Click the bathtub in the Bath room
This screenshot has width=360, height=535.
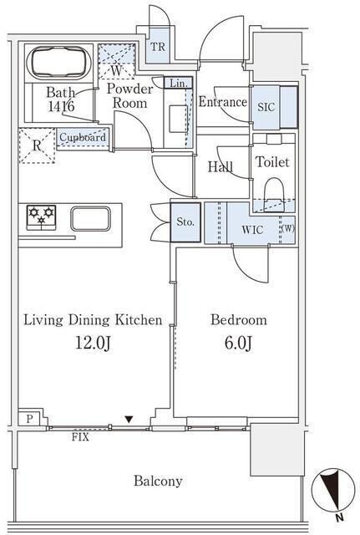58,63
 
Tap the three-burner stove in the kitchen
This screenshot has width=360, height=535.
41,217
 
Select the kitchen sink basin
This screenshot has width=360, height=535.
90,218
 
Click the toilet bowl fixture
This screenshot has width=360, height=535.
274,195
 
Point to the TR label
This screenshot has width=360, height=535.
158,47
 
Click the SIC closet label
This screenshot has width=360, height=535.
266,107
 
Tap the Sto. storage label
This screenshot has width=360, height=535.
185,222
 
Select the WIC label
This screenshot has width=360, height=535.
252,230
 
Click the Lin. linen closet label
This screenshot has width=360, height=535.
178,83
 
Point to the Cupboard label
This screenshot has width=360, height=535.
83,137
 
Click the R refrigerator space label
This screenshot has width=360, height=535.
37,145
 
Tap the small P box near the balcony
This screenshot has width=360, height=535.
30,419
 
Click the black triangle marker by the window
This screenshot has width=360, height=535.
129,420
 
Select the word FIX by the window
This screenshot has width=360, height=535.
80,437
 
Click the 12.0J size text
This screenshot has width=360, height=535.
93,343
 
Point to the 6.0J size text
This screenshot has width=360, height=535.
238,343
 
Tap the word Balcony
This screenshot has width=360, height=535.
158,481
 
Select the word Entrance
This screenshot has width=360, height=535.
223,102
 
